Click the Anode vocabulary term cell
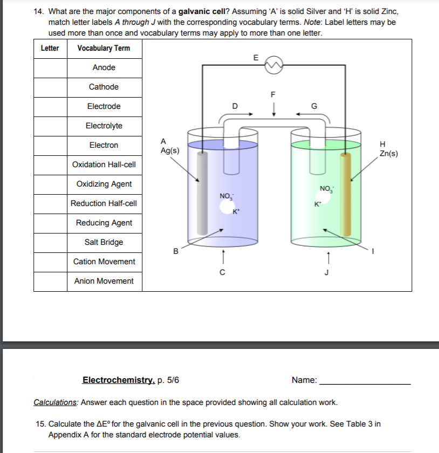tap(104, 67)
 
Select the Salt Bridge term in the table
tap(104, 242)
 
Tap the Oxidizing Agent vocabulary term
tap(104, 184)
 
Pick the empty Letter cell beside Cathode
tap(50, 87)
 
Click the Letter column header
tap(50, 48)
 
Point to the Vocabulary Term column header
tap(104, 48)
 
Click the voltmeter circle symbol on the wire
tap(273, 65)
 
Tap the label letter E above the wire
tap(256, 57)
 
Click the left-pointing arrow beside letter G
tap(303, 114)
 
